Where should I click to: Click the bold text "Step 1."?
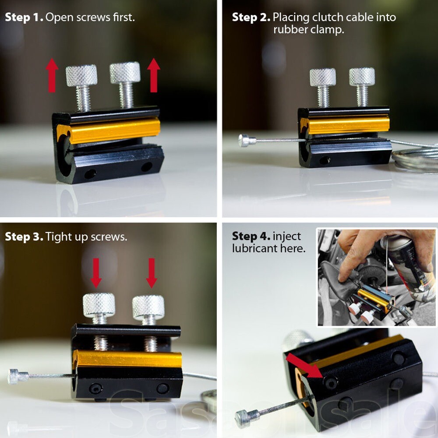(x=24, y=18)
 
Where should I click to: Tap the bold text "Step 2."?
(x=251, y=18)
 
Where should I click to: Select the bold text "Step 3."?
(x=24, y=237)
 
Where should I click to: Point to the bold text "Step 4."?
(x=251, y=236)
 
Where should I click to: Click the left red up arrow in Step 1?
(x=52, y=76)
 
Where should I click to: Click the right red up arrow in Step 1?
(x=153, y=75)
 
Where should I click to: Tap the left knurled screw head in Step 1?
(x=81, y=75)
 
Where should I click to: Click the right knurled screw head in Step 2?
(x=362, y=77)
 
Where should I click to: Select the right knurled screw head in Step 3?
(x=148, y=306)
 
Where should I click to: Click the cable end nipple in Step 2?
(x=244, y=141)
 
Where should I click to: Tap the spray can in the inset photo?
(x=405, y=263)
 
